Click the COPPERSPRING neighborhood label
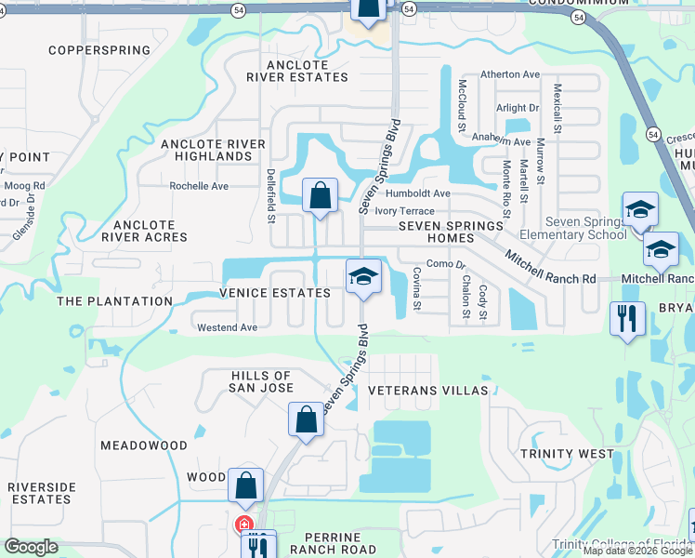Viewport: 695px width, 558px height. tap(98, 50)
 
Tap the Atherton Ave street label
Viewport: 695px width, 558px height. tap(509, 74)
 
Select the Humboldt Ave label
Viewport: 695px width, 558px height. tap(418, 193)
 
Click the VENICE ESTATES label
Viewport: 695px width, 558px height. tap(275, 293)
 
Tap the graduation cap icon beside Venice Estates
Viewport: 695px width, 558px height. tap(363, 276)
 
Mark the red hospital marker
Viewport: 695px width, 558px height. tap(244, 525)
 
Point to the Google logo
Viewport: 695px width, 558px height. tap(32, 546)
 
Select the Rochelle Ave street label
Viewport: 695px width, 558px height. tap(198, 186)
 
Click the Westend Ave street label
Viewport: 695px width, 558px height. tap(227, 327)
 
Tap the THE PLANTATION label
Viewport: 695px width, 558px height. tap(114, 301)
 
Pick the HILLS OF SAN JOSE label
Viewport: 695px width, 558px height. tap(262, 381)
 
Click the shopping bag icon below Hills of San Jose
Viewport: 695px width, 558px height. tap(306, 419)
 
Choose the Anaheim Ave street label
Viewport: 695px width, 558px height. tap(502, 139)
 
